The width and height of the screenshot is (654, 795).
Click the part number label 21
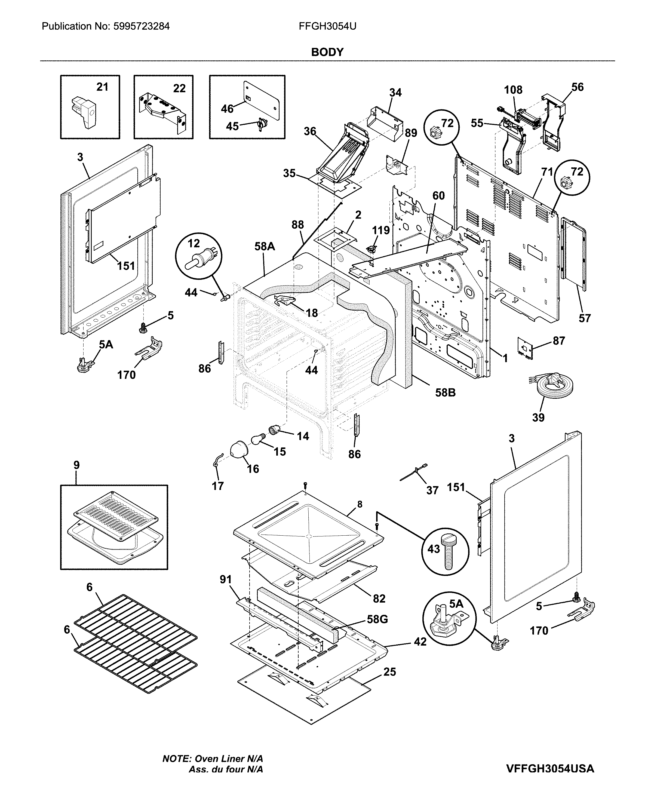[102, 87]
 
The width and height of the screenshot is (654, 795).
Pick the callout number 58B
[445, 393]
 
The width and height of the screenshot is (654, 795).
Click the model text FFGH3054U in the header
[327, 26]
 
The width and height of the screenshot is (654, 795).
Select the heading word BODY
[327, 52]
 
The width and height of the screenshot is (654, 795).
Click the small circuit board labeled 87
[525, 348]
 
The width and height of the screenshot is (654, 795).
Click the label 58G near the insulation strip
[377, 619]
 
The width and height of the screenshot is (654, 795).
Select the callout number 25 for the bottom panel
[389, 672]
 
